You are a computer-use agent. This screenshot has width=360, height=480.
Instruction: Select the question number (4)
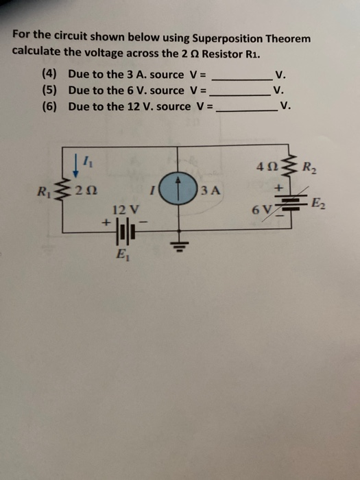(x=50, y=74)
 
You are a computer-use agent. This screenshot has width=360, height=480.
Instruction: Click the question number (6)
(x=50, y=106)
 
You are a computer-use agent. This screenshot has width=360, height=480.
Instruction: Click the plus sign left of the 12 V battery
(x=106, y=223)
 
